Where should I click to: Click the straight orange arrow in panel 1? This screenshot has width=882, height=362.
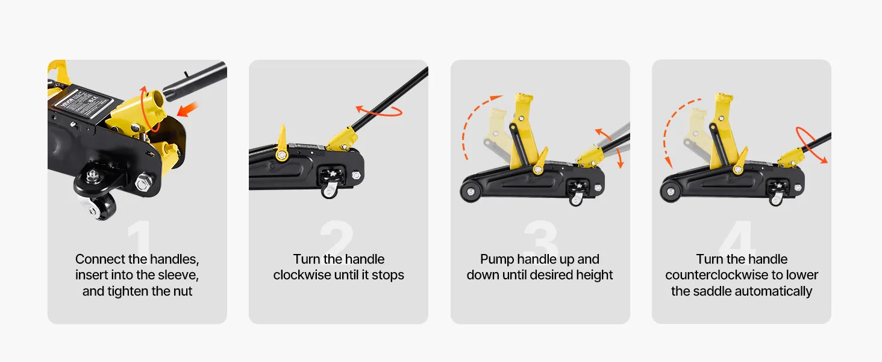[x=187, y=110]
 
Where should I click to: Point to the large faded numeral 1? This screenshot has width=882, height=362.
[x=139, y=237]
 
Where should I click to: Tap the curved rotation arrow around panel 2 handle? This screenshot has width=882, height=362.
[x=378, y=111]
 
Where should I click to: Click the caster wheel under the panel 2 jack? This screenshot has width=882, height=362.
[x=329, y=191]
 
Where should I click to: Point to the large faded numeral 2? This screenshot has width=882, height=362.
[x=337, y=237]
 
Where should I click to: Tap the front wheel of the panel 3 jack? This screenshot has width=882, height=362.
[x=470, y=192]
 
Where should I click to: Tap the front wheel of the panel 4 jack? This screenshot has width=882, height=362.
[x=670, y=192]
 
